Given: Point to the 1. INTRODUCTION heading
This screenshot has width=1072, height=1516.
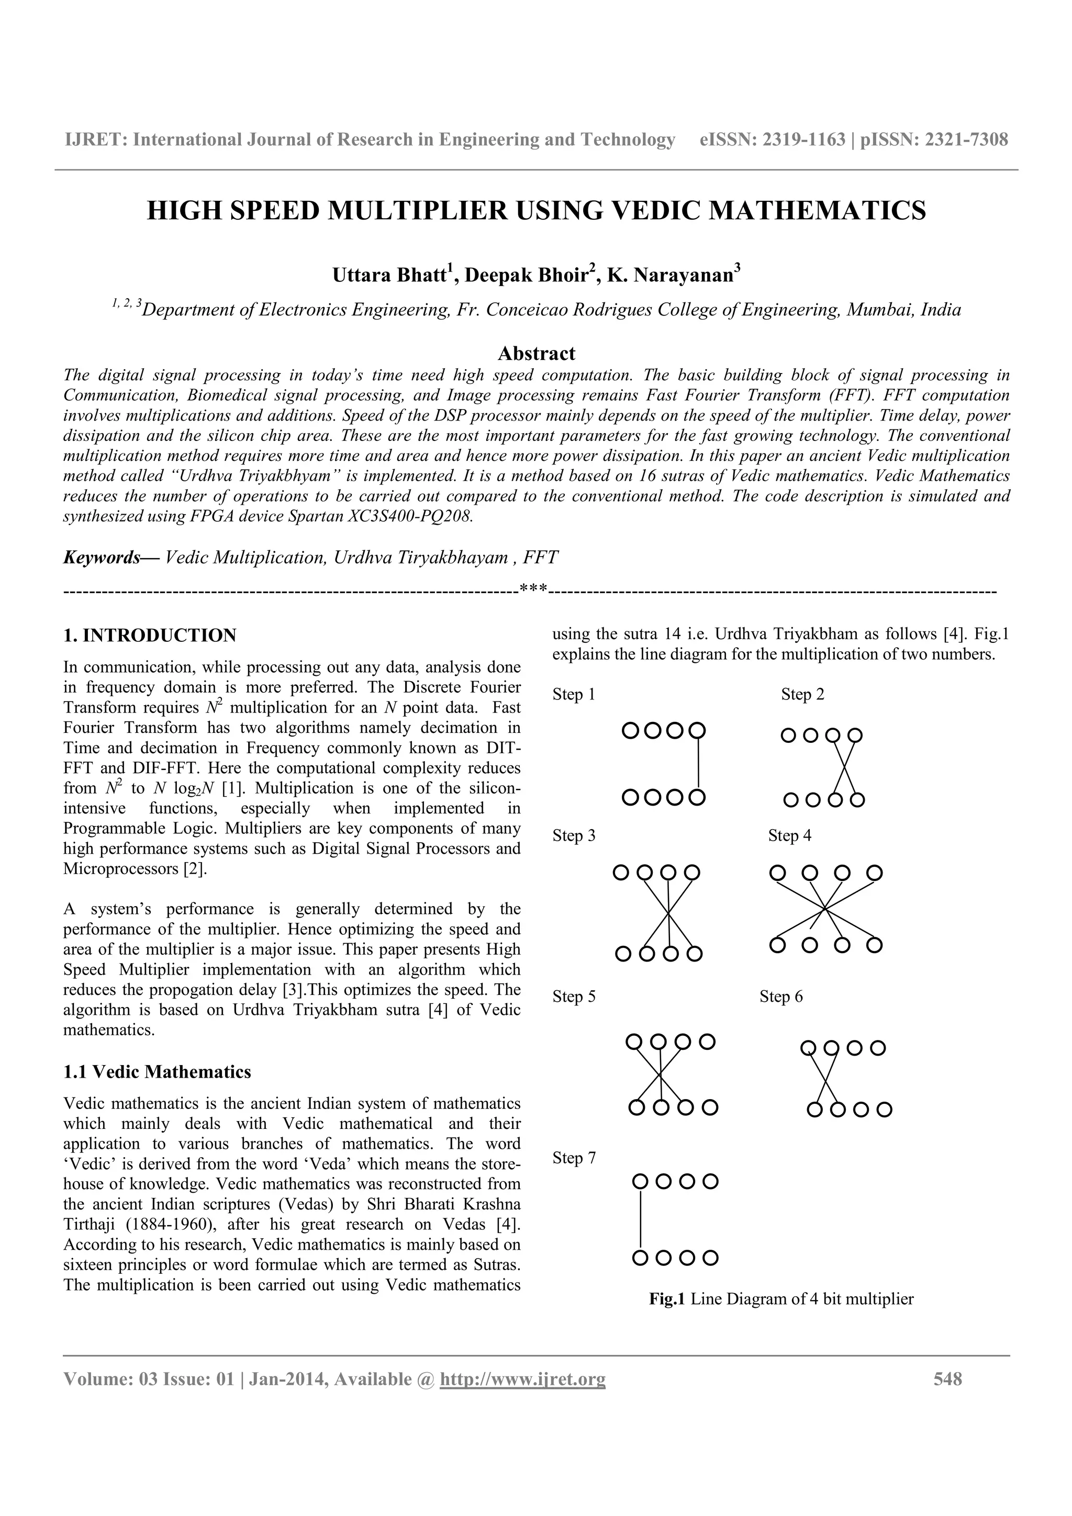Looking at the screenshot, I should [x=149, y=635].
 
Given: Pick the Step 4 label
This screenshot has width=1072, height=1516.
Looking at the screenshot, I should [x=789, y=835].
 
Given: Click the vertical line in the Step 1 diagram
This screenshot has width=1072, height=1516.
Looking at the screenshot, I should [x=698, y=764].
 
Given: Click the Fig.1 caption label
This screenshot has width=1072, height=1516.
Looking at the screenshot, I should [x=668, y=1299].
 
